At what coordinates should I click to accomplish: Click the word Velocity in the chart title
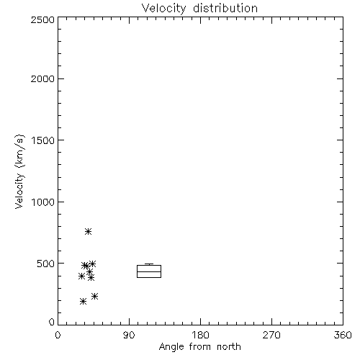point(164,9)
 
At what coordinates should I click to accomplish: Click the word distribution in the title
point(225,8)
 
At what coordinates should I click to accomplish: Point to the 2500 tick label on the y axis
point(42,19)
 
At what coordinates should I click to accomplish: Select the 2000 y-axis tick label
point(42,78)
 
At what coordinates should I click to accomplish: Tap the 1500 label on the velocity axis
point(43,140)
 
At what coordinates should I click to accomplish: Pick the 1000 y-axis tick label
point(43,202)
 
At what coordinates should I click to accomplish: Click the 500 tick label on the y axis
point(46,264)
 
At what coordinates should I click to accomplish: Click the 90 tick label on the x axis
point(129,335)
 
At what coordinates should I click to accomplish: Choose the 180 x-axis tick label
point(200,335)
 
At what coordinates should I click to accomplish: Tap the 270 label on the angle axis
point(271,335)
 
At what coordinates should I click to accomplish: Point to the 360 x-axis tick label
point(343,335)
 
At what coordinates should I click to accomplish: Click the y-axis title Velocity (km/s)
point(19,171)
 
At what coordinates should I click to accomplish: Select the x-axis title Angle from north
point(200,347)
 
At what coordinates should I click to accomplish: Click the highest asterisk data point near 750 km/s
point(88,231)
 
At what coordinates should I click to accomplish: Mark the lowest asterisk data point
point(83,301)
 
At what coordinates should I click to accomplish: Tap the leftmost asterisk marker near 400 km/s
point(81,276)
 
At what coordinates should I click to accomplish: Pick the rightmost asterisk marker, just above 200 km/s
point(94,296)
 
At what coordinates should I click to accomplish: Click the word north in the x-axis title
point(229,347)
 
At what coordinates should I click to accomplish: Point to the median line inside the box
point(149,271)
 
